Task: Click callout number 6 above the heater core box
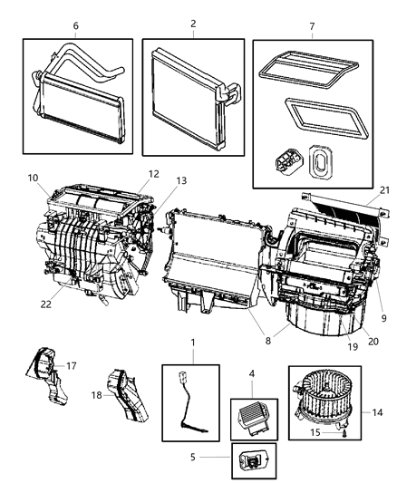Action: (x=76, y=27)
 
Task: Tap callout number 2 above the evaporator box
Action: (x=191, y=27)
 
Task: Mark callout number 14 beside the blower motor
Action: (x=375, y=412)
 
